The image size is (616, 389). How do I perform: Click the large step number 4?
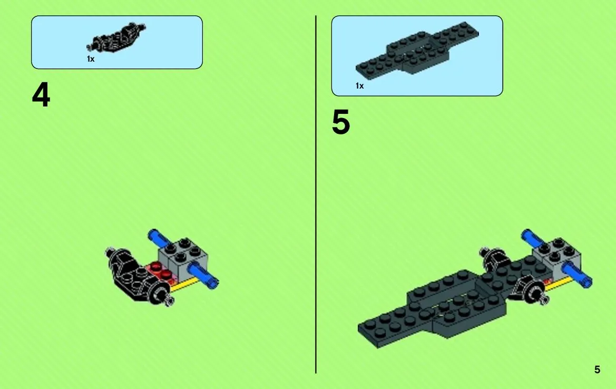[41, 95]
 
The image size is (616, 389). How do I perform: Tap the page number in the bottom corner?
[597, 369]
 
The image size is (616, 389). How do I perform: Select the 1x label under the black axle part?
[90, 59]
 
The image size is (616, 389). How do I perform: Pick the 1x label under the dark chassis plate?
[359, 86]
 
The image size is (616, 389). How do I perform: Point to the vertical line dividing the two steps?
[316, 194]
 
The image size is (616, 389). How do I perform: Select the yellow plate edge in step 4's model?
[183, 286]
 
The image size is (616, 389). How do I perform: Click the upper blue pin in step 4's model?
[157, 238]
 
